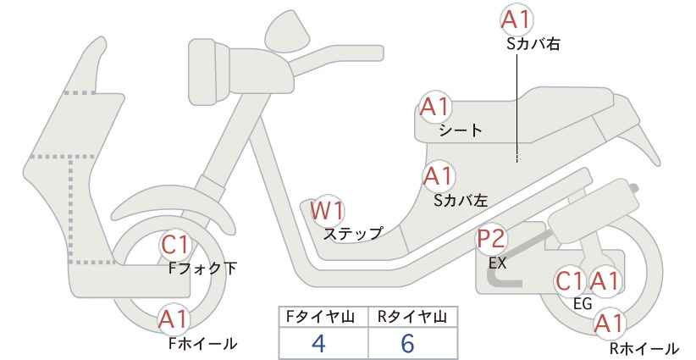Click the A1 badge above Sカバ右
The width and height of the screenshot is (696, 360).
tap(516, 20)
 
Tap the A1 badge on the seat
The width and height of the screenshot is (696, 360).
tap(435, 108)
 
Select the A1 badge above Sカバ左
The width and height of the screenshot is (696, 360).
tap(438, 176)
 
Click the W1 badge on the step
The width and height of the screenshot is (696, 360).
tap(327, 210)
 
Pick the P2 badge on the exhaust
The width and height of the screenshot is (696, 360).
tap(492, 239)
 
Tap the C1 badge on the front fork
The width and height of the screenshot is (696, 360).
tap(176, 245)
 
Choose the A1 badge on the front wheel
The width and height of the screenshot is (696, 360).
tap(174, 318)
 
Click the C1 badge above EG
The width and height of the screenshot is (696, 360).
tap(571, 281)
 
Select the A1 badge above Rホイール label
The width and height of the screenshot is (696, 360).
tap(610, 324)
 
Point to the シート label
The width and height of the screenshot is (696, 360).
tap(461, 130)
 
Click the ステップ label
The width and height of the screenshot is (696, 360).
tap(352, 234)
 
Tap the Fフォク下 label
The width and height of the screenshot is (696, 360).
tap(203, 269)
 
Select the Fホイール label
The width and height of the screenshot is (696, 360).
tap(203, 343)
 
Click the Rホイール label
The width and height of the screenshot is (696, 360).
tap(644, 348)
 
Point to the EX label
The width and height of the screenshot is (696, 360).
tap(497, 263)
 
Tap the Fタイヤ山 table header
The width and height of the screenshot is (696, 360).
tap(320, 317)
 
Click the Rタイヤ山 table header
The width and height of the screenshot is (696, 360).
tap(412, 317)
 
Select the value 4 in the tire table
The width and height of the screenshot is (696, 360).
tap(318, 343)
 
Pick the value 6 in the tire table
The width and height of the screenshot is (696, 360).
tap(407, 343)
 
